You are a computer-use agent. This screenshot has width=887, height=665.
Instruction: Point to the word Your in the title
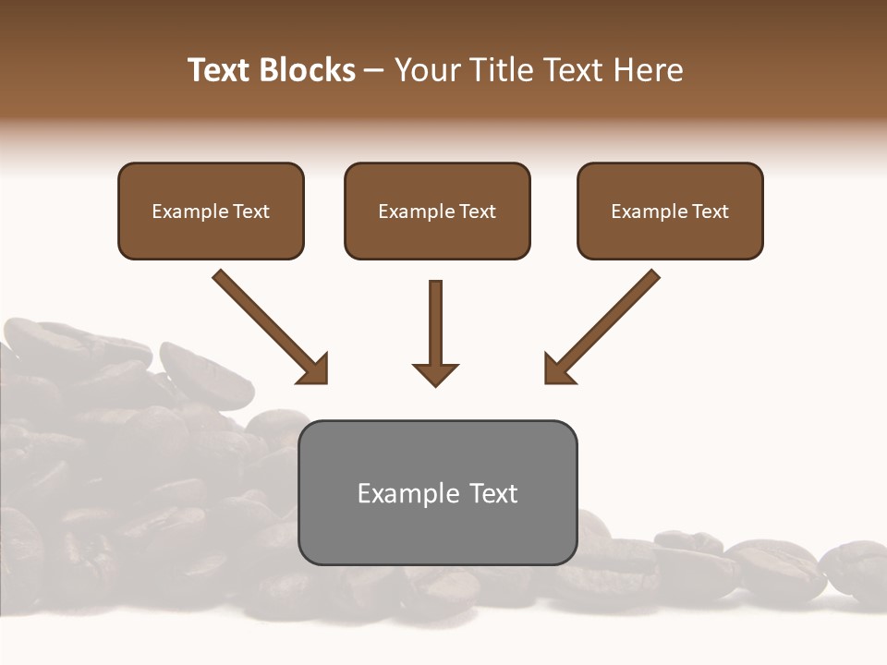click(426, 70)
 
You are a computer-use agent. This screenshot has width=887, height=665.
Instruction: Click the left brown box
click(211, 211)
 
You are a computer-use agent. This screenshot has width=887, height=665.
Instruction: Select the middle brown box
click(437, 211)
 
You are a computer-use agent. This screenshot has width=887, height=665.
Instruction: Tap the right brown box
click(670, 211)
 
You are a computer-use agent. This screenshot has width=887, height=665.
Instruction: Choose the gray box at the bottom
click(437, 492)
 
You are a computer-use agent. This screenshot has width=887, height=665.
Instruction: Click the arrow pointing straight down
click(435, 328)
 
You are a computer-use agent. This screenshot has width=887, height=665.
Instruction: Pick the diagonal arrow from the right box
click(605, 324)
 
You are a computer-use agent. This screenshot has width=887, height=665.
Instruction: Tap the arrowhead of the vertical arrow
click(435, 373)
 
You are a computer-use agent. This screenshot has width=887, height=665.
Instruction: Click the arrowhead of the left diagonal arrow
click(315, 369)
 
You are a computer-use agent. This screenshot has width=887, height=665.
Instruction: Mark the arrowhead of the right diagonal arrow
click(557, 369)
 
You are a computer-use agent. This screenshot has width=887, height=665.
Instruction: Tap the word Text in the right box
click(710, 212)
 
